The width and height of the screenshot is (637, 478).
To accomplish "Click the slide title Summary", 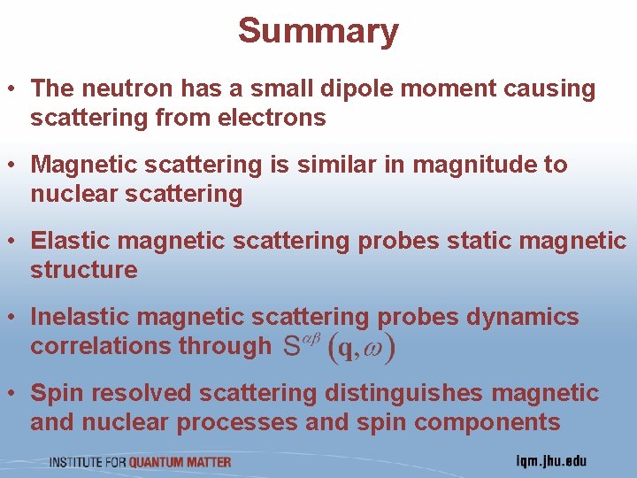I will [318, 31].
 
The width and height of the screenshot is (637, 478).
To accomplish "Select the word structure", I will [84, 270].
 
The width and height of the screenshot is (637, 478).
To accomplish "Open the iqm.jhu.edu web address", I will [550, 461].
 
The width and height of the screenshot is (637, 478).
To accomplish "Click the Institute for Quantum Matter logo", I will [140, 461].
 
